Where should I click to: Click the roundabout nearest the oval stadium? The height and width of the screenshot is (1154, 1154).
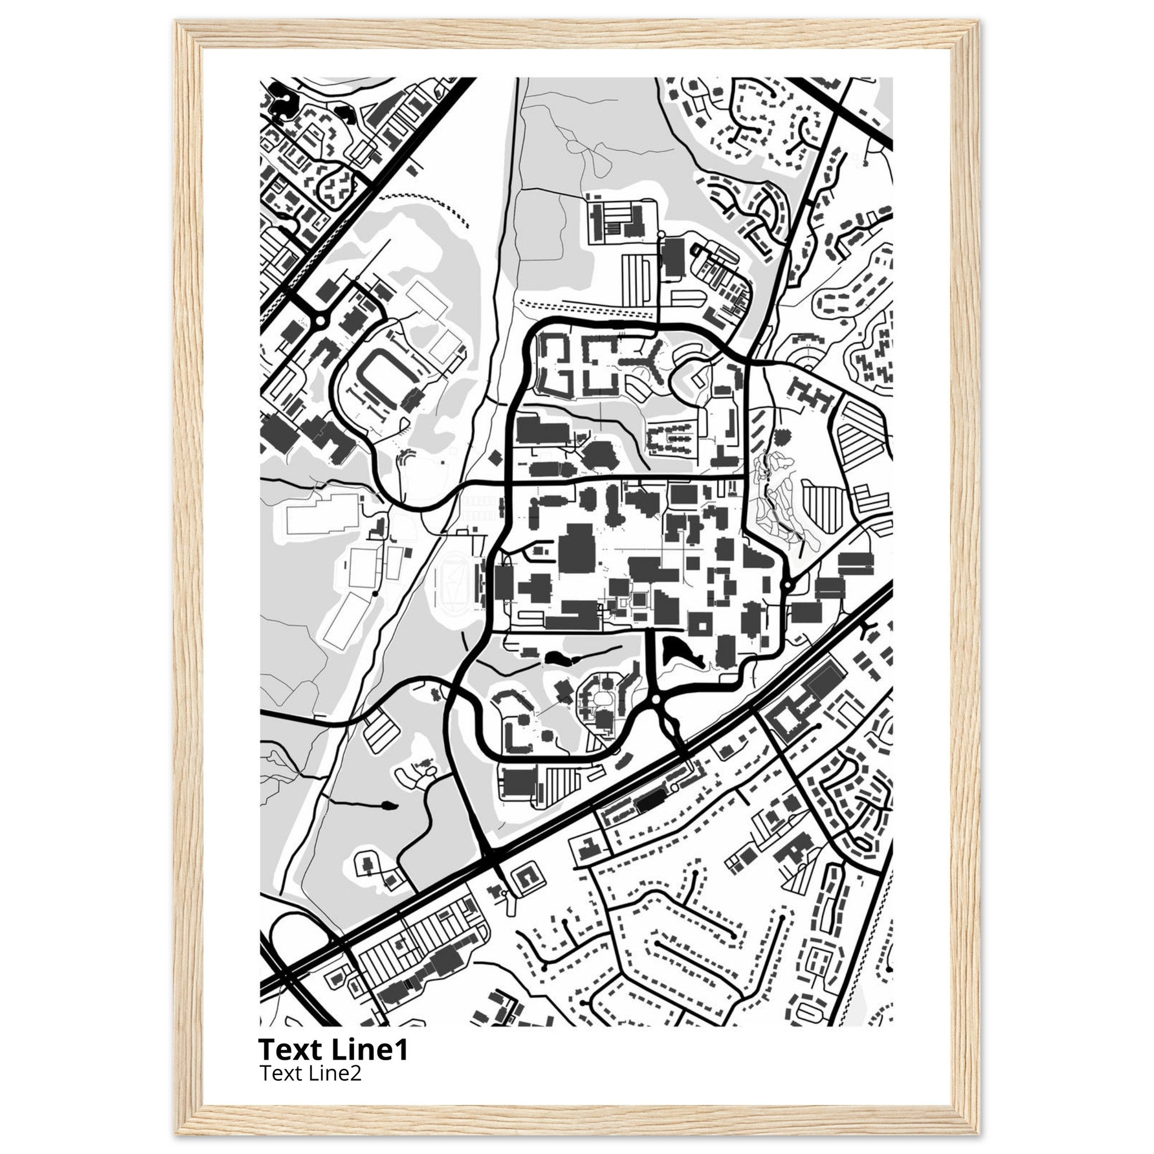[319, 321]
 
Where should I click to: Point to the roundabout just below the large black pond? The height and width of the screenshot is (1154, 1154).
[656, 698]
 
